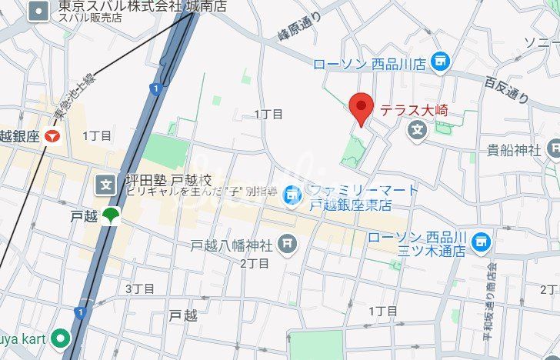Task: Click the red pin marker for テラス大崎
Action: [x=361, y=106]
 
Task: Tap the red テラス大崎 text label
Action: [x=415, y=110]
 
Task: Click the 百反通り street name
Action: [x=507, y=87]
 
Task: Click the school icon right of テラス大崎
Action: [x=417, y=130]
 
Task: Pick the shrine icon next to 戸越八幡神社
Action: [x=287, y=245]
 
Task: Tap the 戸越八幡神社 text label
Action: [x=232, y=246]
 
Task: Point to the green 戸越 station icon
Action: [x=112, y=216]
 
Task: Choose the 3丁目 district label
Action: [x=140, y=288]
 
